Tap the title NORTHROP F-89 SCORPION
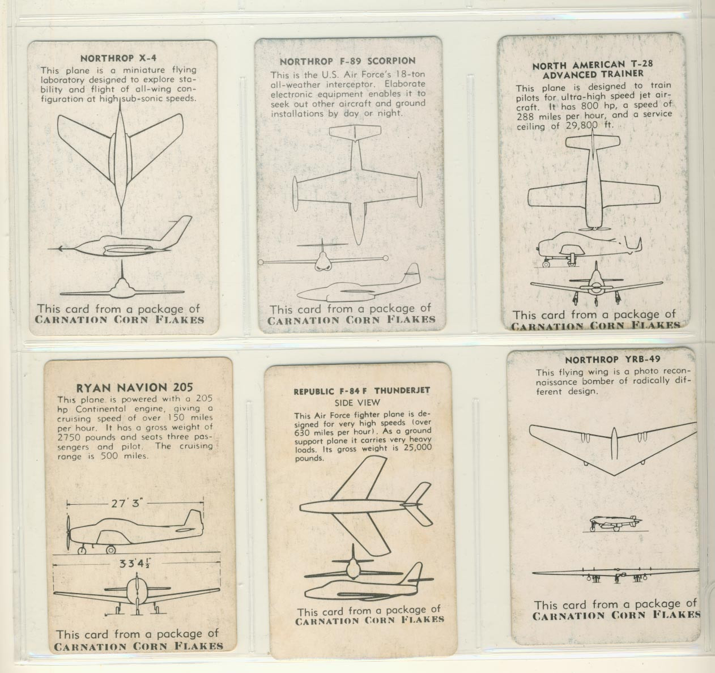tap(347, 61)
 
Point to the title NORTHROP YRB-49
tap(605, 359)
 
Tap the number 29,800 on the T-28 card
tap(583, 126)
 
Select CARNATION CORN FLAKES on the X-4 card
tap(119, 320)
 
